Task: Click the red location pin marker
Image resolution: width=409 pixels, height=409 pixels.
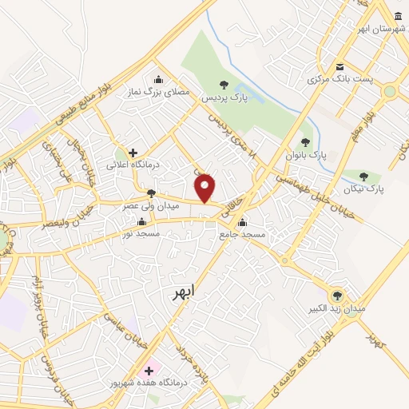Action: (205, 187)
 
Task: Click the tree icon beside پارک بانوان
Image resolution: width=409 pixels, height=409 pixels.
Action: (305, 141)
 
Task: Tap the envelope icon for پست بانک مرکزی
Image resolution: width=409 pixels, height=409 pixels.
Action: (340, 66)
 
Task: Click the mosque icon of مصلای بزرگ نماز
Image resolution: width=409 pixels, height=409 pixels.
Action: (158, 79)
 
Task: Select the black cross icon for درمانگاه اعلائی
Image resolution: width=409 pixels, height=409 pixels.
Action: (133, 152)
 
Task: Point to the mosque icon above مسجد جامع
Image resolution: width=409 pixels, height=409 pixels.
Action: (241, 222)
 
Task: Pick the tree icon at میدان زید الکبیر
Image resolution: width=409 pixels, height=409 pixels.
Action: (336, 294)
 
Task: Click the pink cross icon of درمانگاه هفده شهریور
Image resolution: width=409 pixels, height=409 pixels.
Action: (149, 371)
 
